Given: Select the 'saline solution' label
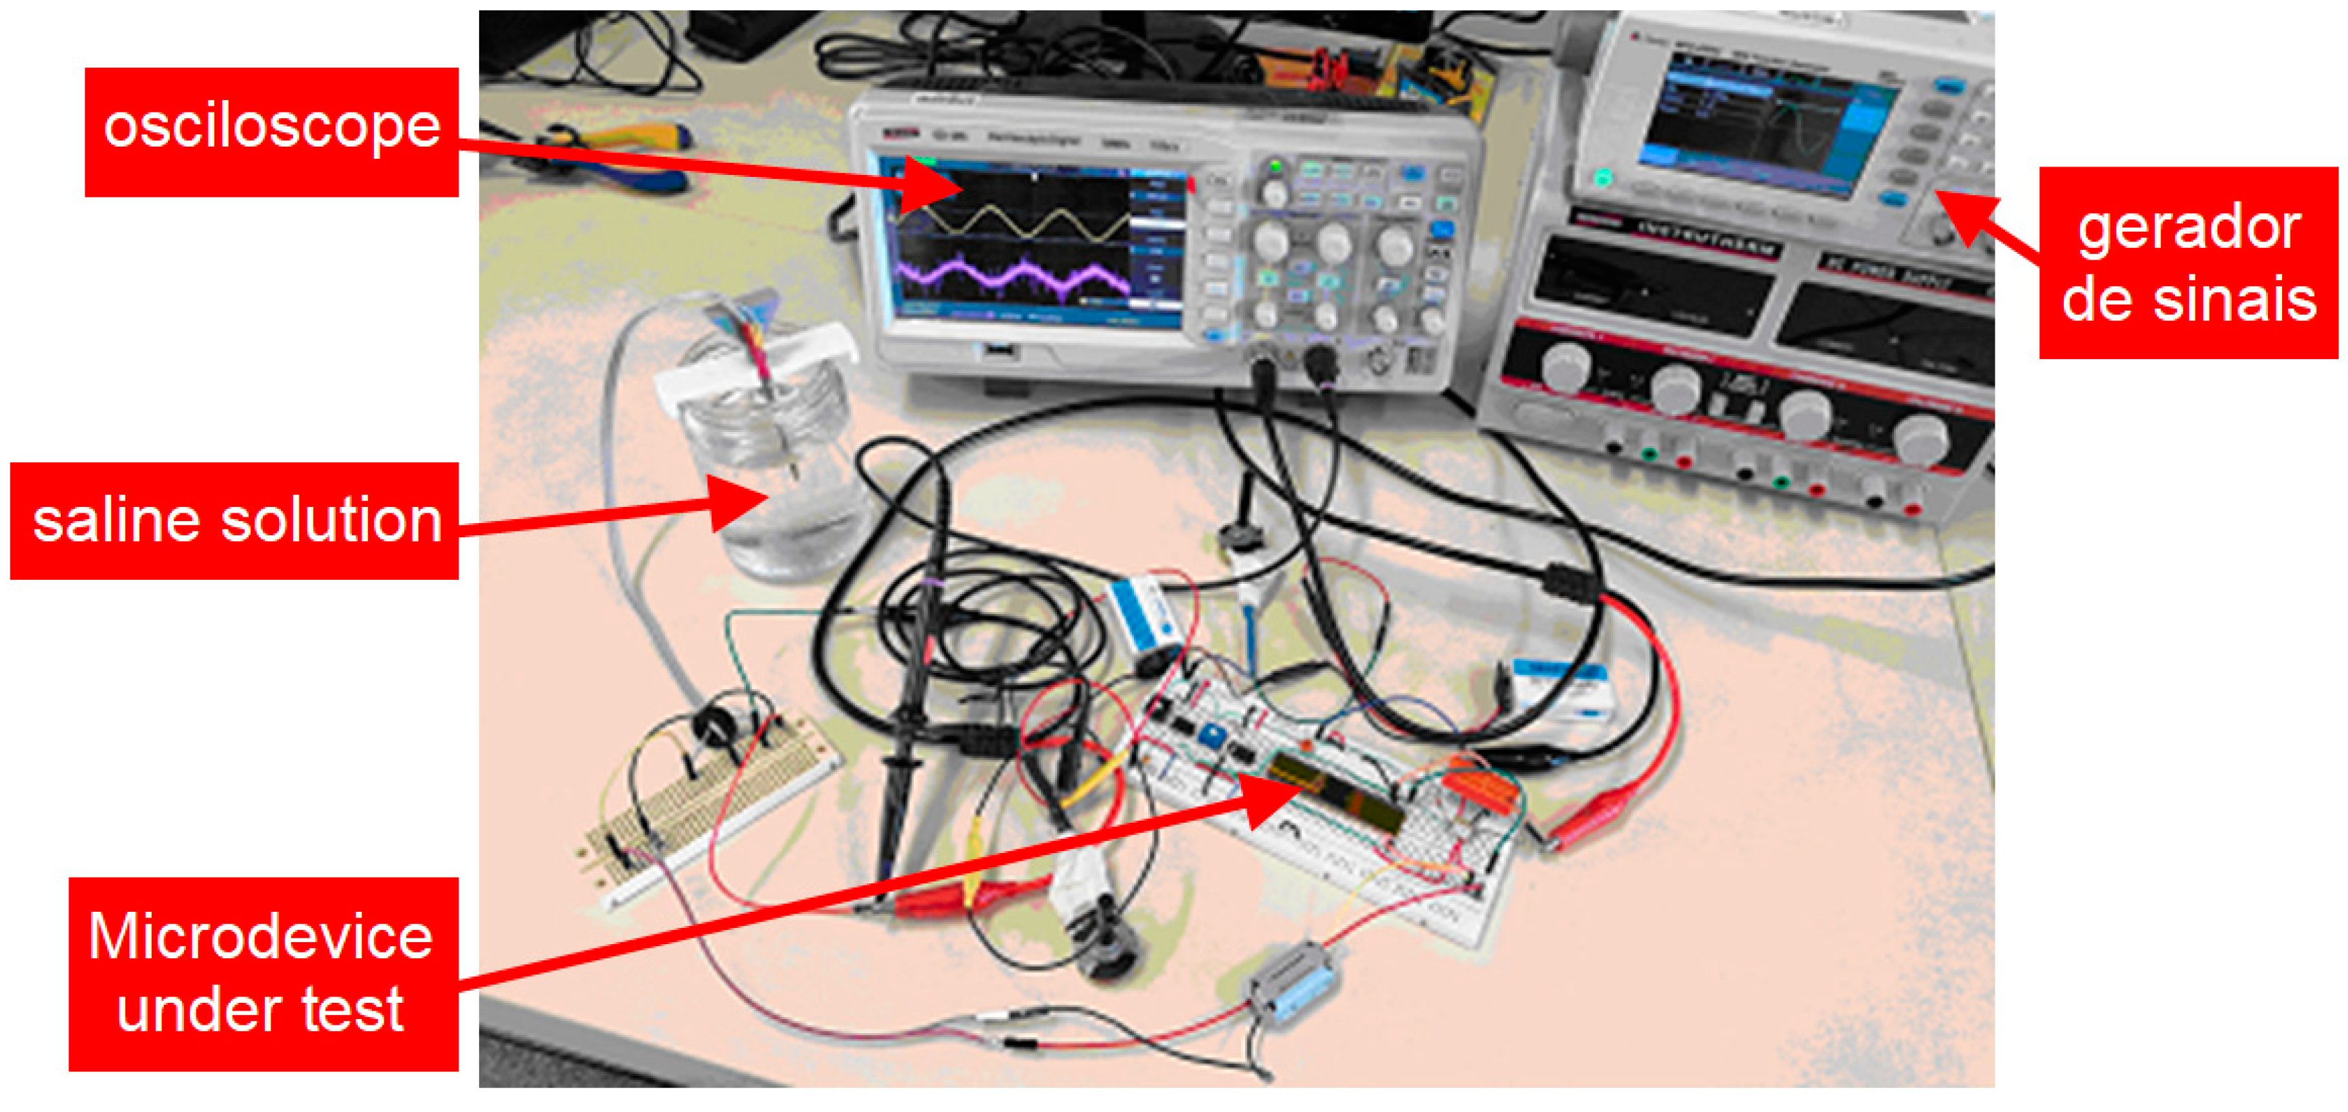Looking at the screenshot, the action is click(234, 520).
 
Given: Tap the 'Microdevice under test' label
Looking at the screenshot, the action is click(263, 973).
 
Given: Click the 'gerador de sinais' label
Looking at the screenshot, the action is click(2188, 263).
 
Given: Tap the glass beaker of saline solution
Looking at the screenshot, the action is click(775, 474).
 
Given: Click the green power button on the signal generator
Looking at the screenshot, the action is click(1601, 179).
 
